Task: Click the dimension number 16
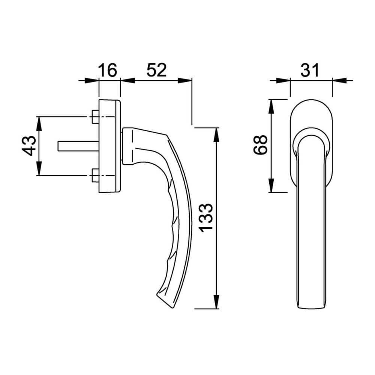108,70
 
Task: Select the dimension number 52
156,70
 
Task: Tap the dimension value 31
310,70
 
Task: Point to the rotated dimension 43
29,145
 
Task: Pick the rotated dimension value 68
260,145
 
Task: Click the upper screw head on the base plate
95,117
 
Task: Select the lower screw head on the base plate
95,175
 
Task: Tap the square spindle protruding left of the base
78,146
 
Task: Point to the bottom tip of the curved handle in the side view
172,308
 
